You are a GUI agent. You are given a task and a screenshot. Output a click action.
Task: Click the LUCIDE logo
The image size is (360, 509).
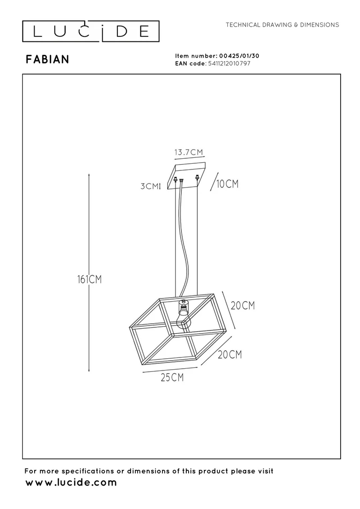tap(90, 31)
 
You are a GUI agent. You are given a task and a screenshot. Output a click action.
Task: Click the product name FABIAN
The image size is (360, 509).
tap(47, 59)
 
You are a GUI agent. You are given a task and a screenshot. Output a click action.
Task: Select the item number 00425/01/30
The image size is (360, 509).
tap(239, 56)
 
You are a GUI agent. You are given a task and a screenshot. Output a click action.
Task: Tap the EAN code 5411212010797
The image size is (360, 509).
tap(229, 63)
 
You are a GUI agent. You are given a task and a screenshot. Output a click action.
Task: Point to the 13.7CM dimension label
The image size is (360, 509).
tap(189, 152)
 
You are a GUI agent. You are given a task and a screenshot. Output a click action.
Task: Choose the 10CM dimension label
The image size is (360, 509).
tap(227, 184)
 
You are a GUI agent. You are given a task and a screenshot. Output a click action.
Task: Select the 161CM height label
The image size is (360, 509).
tap(90, 279)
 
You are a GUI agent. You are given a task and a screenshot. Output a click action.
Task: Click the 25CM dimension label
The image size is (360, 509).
tap(172, 378)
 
